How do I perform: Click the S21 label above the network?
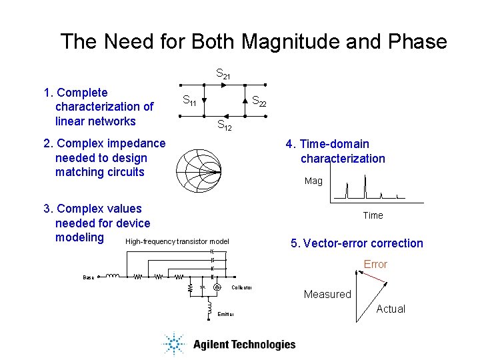click(223, 73)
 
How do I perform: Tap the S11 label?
click(189, 102)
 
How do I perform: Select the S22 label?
click(259, 102)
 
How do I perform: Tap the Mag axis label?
click(313, 181)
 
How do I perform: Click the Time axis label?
click(373, 215)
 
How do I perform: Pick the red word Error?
click(375, 265)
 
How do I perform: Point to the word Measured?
click(327, 294)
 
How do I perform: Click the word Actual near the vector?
click(391, 309)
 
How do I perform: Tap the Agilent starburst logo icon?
click(174, 344)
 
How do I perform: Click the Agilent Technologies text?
click(244, 345)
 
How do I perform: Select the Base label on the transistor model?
click(88, 277)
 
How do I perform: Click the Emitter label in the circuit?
click(225, 314)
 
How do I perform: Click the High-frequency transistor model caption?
click(177, 241)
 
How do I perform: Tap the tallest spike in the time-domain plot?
click(365, 187)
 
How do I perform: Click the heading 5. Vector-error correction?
click(357, 243)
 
